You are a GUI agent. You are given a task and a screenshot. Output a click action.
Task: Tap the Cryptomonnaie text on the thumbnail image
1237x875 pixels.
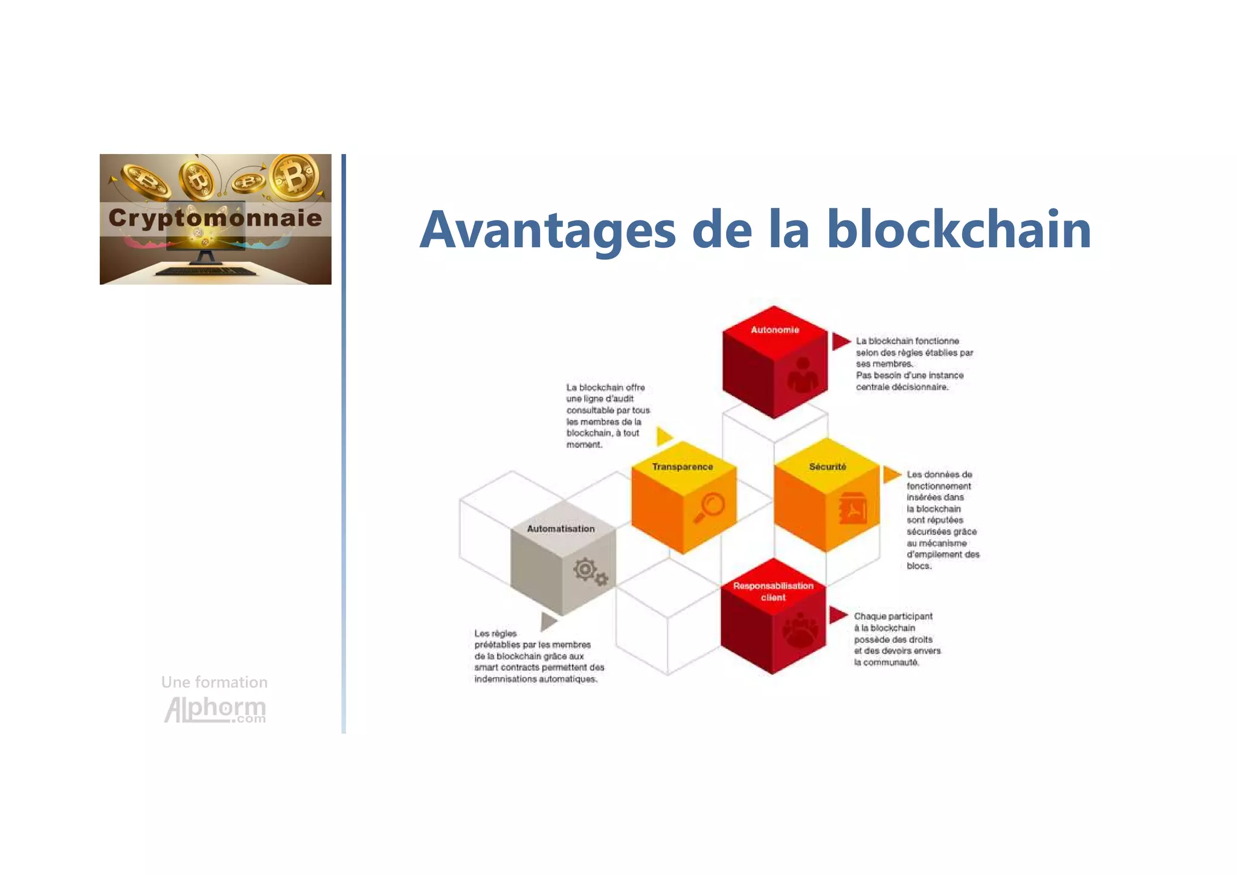click(215, 218)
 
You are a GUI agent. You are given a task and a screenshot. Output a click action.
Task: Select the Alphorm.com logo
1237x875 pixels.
click(215, 709)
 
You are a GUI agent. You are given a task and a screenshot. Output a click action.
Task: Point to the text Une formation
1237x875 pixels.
click(214, 682)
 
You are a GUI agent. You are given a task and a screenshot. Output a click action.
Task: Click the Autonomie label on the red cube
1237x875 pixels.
click(775, 330)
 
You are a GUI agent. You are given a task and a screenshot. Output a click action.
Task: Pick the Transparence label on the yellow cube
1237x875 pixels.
click(683, 467)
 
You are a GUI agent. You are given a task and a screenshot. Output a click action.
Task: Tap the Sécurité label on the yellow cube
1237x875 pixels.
click(827, 467)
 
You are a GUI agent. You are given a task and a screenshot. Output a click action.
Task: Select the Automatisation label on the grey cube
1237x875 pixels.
click(561, 529)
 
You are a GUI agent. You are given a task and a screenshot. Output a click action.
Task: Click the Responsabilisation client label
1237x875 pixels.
click(773, 592)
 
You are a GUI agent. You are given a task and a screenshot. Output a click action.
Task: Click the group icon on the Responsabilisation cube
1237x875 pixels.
click(800, 630)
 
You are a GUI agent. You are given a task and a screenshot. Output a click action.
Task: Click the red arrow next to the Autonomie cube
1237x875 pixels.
click(840, 341)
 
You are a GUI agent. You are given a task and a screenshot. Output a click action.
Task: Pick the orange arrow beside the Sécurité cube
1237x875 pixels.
click(891, 474)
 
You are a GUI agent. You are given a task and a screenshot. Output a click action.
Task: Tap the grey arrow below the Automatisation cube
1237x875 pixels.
click(548, 621)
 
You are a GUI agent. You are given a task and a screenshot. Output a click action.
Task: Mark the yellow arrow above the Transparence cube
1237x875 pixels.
click(664, 436)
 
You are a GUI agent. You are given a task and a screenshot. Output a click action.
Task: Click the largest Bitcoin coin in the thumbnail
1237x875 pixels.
click(295, 177)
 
